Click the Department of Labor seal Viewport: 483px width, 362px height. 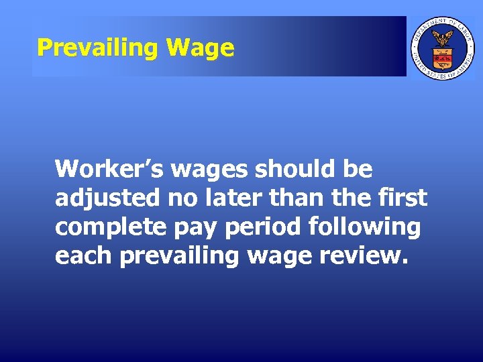point(442,47)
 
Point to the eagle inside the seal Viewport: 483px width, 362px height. point(442,38)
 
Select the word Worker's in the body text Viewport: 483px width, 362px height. point(109,169)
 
